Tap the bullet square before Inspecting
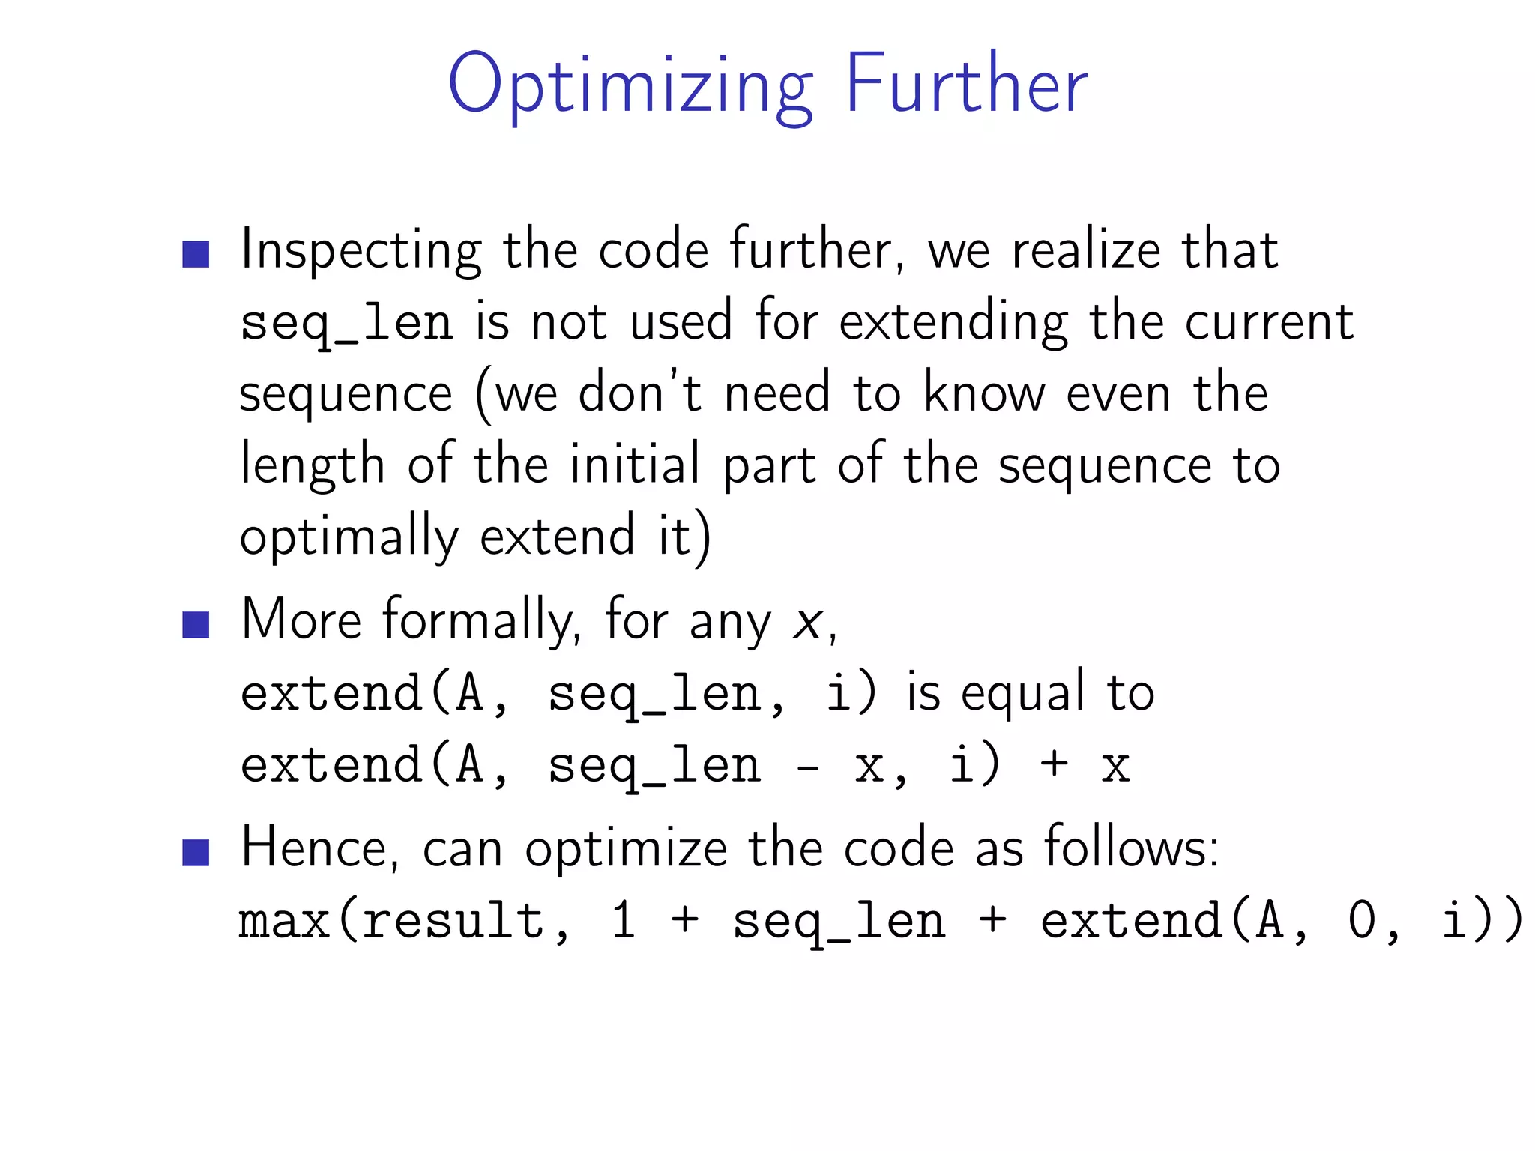(x=196, y=254)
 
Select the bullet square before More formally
(x=196, y=624)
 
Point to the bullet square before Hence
(x=196, y=852)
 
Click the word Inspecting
(x=361, y=251)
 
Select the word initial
(x=635, y=465)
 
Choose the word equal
(x=1022, y=693)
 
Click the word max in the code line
(x=285, y=922)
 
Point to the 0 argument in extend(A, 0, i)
(x=1362, y=922)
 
